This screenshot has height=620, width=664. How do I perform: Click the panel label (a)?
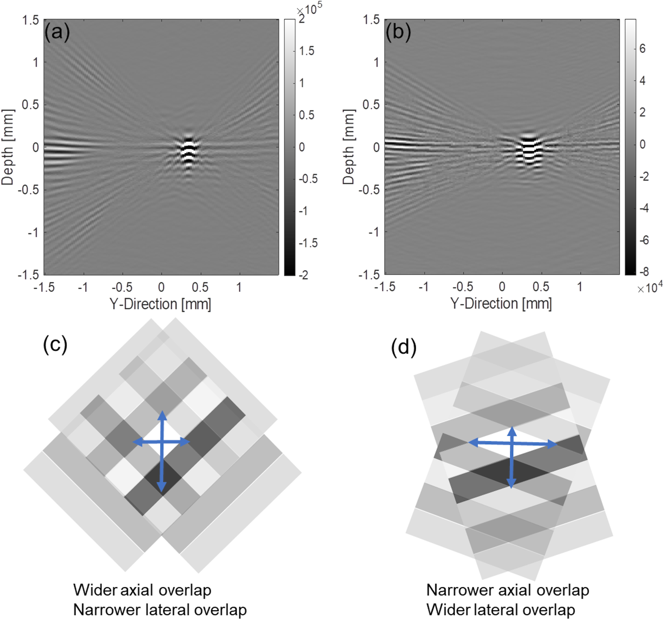[x=57, y=32]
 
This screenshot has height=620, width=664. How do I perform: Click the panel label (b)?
[x=398, y=32]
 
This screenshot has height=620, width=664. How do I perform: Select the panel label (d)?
[x=404, y=347]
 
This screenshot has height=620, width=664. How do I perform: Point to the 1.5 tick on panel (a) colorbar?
[x=307, y=51]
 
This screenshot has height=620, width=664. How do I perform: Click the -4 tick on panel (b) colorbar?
[x=643, y=208]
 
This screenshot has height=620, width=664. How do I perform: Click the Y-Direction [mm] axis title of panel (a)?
[x=160, y=304]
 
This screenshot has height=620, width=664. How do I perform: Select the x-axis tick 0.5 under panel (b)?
[x=541, y=287]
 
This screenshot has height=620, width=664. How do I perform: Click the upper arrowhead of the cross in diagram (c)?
[x=162, y=415]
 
